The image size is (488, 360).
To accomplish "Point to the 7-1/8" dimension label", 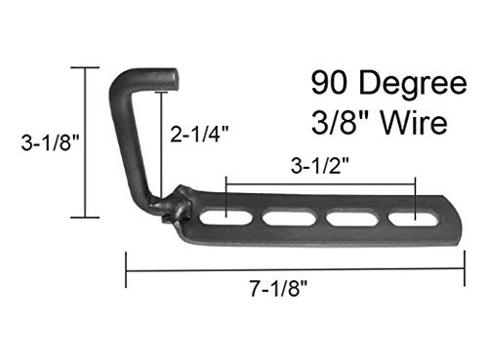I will click(269, 290).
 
